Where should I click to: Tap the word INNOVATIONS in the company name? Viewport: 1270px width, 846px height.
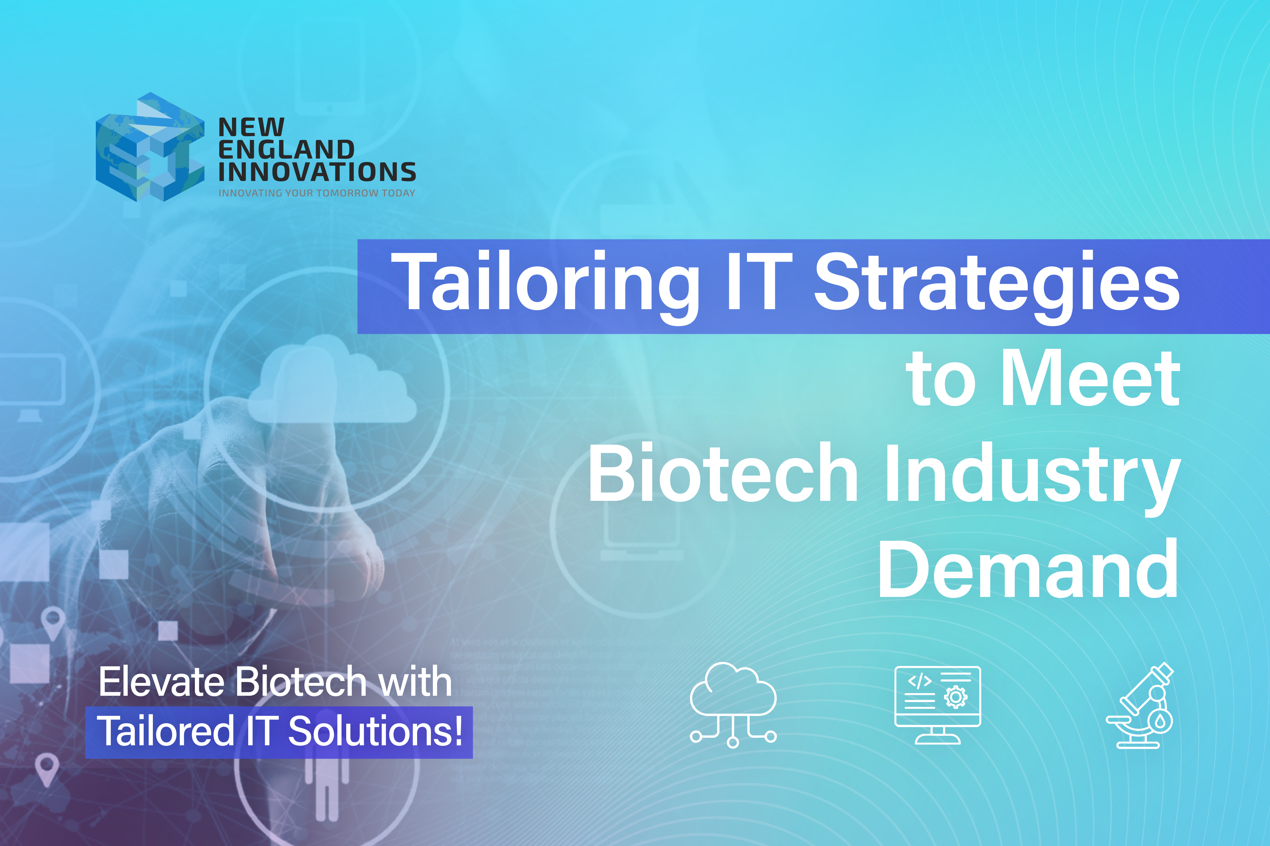(317, 172)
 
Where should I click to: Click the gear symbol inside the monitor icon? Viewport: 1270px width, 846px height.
(955, 697)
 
